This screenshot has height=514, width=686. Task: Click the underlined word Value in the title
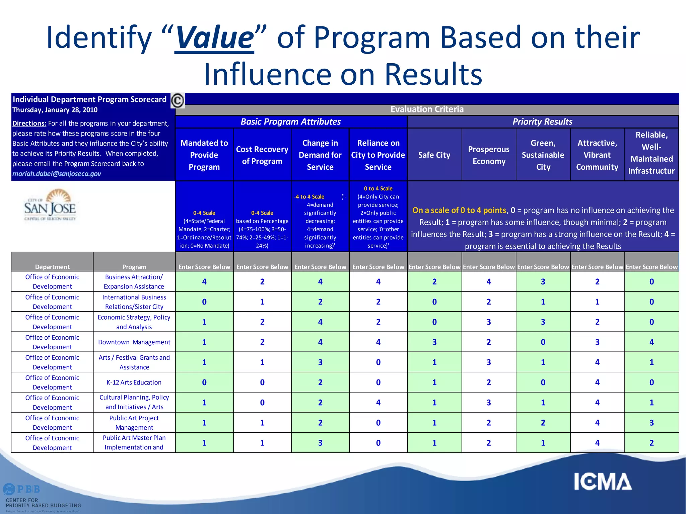tap(214, 37)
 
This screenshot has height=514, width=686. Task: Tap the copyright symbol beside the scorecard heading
tap(178, 100)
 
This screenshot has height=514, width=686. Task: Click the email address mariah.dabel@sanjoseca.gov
tap(57, 174)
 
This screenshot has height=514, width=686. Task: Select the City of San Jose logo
tap(50, 205)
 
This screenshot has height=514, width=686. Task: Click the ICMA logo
tap(603, 482)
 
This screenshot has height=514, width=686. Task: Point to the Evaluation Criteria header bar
tap(427, 109)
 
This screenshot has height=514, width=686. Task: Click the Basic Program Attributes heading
tap(290, 122)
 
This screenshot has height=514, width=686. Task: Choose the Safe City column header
tap(434, 155)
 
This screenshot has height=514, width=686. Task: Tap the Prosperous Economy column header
tap(489, 155)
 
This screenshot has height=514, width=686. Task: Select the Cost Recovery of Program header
tap(262, 155)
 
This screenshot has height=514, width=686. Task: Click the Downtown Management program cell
tap(134, 342)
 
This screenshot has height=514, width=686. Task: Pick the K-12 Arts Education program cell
tap(134, 382)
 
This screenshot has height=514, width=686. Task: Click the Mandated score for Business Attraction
tap(204, 282)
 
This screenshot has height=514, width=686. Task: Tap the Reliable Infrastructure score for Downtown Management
tap(651, 342)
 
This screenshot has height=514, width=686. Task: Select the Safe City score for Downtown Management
tap(434, 342)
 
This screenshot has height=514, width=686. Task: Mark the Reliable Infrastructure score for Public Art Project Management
tap(651, 423)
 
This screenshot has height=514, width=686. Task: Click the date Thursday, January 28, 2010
tap(55, 110)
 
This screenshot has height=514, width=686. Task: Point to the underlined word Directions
tap(29, 123)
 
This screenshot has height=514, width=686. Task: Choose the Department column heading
tap(52, 267)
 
